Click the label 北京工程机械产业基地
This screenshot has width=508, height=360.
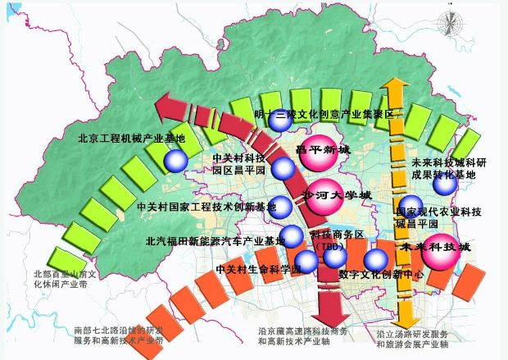point(132,139)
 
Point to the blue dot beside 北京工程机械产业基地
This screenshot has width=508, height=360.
point(175,161)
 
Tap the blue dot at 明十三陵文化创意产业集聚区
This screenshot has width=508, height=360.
point(279,121)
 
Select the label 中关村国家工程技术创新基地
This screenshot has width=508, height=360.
point(206,206)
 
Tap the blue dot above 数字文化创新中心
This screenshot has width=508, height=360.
point(376,260)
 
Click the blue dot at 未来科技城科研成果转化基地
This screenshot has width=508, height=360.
point(446,185)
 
